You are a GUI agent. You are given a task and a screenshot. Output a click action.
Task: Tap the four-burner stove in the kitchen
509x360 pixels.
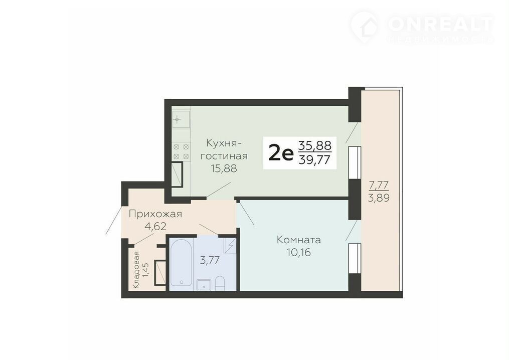[x=181, y=151]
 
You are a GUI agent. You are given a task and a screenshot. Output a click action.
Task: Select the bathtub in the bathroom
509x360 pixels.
[x=181, y=263]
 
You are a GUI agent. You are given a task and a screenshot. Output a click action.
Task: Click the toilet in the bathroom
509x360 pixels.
[x=220, y=283]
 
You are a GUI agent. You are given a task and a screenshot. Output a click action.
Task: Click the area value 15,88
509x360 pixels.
[x=224, y=168]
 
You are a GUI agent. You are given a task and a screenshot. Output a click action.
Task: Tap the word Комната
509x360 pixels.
[x=299, y=240]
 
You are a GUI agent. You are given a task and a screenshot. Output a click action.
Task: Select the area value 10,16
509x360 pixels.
[x=299, y=252]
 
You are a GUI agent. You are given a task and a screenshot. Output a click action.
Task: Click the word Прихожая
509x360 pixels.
[x=155, y=215]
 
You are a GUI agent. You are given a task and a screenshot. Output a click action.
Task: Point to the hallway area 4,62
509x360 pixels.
[x=155, y=226]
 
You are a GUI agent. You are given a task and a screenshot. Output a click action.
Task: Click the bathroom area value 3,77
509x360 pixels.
[x=210, y=260]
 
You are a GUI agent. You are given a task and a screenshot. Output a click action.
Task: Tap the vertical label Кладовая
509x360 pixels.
[x=136, y=270]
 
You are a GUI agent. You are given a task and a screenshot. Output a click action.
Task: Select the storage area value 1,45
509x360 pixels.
[x=146, y=270]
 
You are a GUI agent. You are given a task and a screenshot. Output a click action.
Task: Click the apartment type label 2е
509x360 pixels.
[x=281, y=153]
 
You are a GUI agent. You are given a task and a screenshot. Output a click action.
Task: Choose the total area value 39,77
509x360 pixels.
[x=314, y=160]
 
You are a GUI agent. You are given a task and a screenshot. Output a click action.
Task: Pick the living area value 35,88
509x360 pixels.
[x=314, y=145]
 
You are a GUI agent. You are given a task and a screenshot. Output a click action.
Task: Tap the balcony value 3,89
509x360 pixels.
[x=379, y=198]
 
